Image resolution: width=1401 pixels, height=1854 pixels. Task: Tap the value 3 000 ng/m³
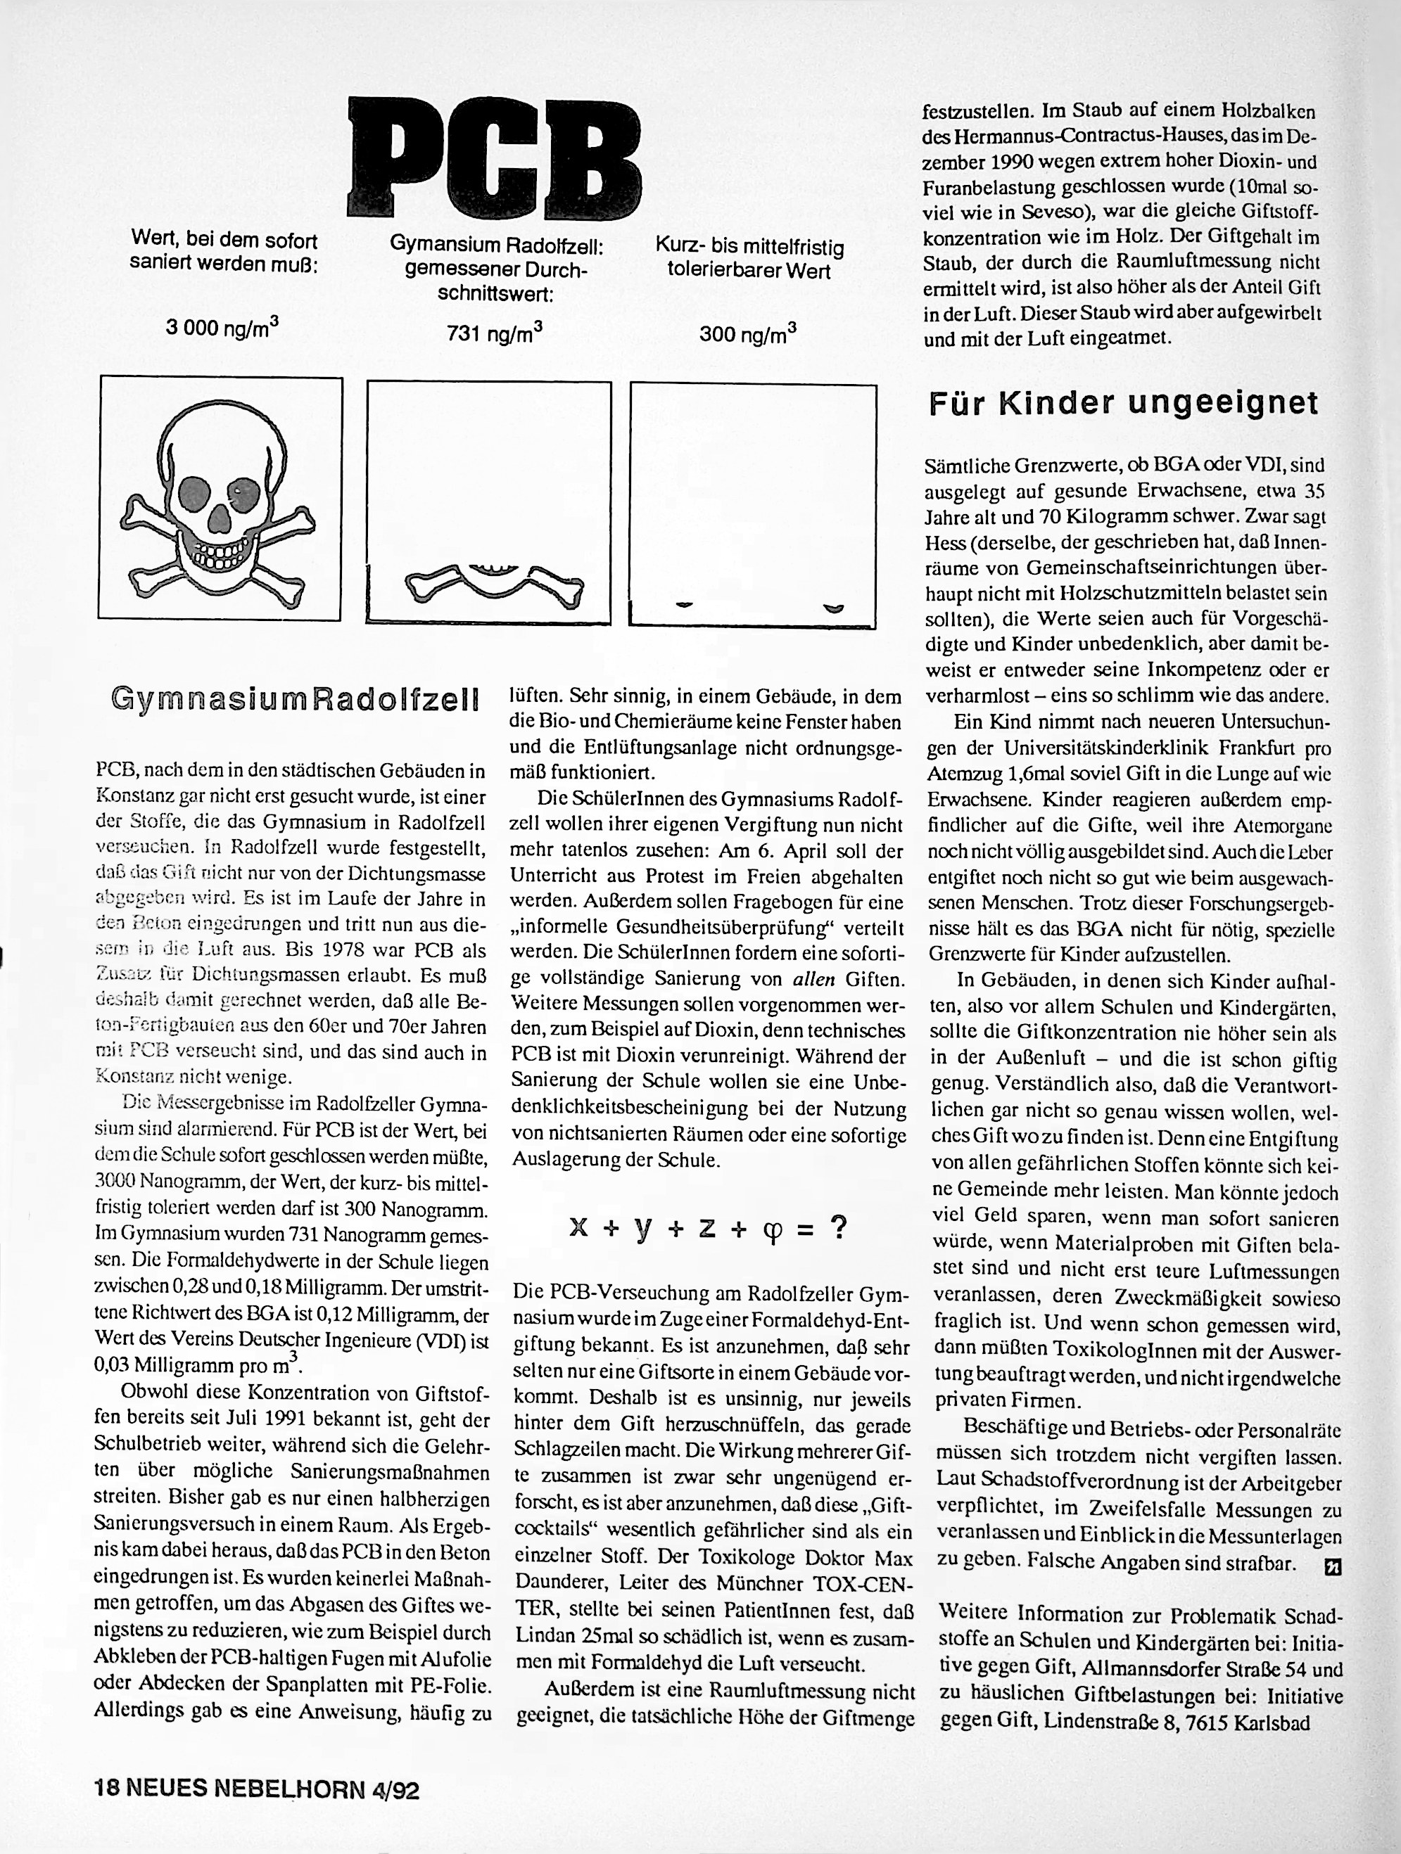(x=222, y=327)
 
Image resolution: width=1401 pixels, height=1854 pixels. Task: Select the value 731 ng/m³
(x=495, y=333)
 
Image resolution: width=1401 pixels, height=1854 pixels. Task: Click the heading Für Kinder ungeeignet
(x=1124, y=404)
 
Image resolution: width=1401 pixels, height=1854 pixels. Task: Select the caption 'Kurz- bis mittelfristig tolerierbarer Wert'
(x=749, y=259)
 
